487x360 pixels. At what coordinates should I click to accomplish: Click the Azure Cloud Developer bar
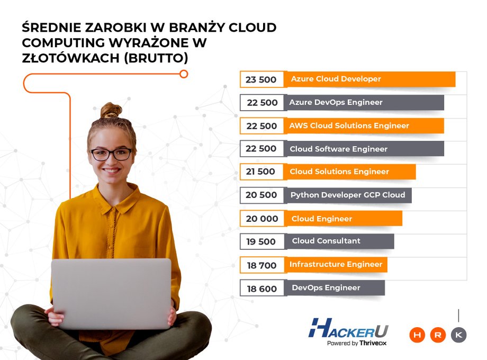pos(371,79)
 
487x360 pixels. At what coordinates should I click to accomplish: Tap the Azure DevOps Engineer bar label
pos(336,102)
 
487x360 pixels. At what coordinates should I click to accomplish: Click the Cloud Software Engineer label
pos(339,149)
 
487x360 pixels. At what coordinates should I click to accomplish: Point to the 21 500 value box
pos(261,172)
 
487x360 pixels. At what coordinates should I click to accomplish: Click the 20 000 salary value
pos(262,219)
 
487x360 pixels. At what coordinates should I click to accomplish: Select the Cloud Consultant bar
pos(340,241)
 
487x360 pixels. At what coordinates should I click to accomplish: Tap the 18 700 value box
pos(262,265)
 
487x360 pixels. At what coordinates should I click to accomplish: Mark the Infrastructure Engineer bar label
pos(336,264)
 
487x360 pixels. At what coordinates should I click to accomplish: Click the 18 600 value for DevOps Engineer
pos(262,289)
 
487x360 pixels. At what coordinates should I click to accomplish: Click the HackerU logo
pos(348,331)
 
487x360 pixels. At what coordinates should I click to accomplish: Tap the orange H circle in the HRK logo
pos(417,335)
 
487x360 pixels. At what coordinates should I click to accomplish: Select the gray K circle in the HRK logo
pos(459,335)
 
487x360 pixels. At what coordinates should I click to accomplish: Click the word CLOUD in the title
pos(252,28)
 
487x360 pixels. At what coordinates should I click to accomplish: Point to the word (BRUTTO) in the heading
pos(156,58)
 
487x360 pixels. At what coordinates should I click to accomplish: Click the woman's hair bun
pos(111,110)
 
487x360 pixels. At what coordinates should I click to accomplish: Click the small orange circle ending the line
pos(184,74)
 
